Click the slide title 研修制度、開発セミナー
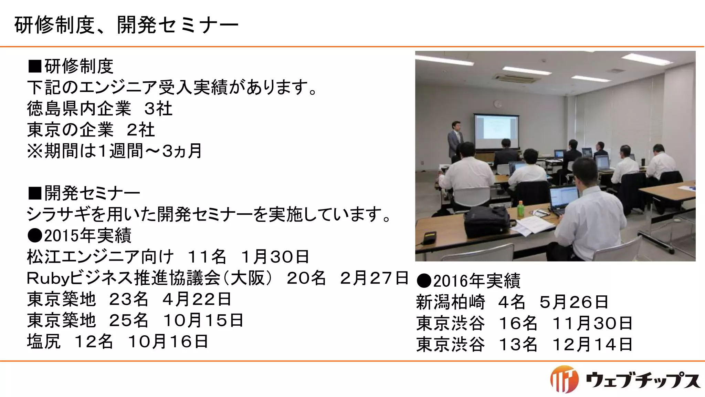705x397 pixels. (126, 26)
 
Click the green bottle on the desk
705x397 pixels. (520, 208)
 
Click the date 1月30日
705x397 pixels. (275, 257)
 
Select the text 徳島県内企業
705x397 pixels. (79, 109)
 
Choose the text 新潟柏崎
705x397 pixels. (450, 302)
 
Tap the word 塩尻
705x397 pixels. (44, 342)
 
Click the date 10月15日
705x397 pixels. (203, 320)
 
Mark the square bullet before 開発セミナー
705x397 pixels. (34, 193)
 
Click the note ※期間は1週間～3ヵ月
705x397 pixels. (115, 151)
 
